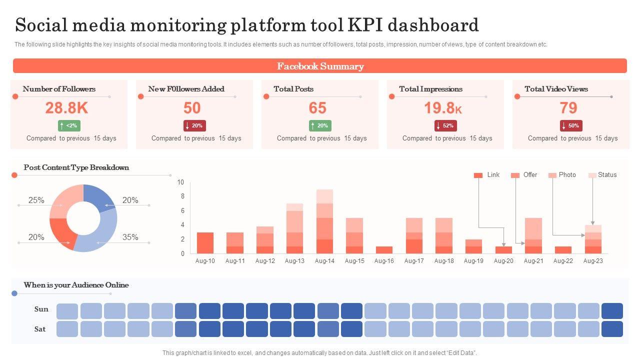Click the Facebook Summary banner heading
(x=320, y=66)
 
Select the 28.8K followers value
(x=66, y=107)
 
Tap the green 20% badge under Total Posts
(x=320, y=125)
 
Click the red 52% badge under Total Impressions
(x=445, y=125)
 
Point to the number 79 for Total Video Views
(x=568, y=107)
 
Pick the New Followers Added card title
(x=186, y=89)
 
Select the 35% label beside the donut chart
(x=130, y=237)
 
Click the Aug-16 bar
(x=384, y=250)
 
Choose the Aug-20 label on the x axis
(x=503, y=261)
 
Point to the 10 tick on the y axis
(x=180, y=182)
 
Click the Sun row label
(x=41, y=309)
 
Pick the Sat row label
(x=40, y=329)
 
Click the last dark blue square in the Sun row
(x=612, y=311)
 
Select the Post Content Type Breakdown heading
(x=76, y=167)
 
